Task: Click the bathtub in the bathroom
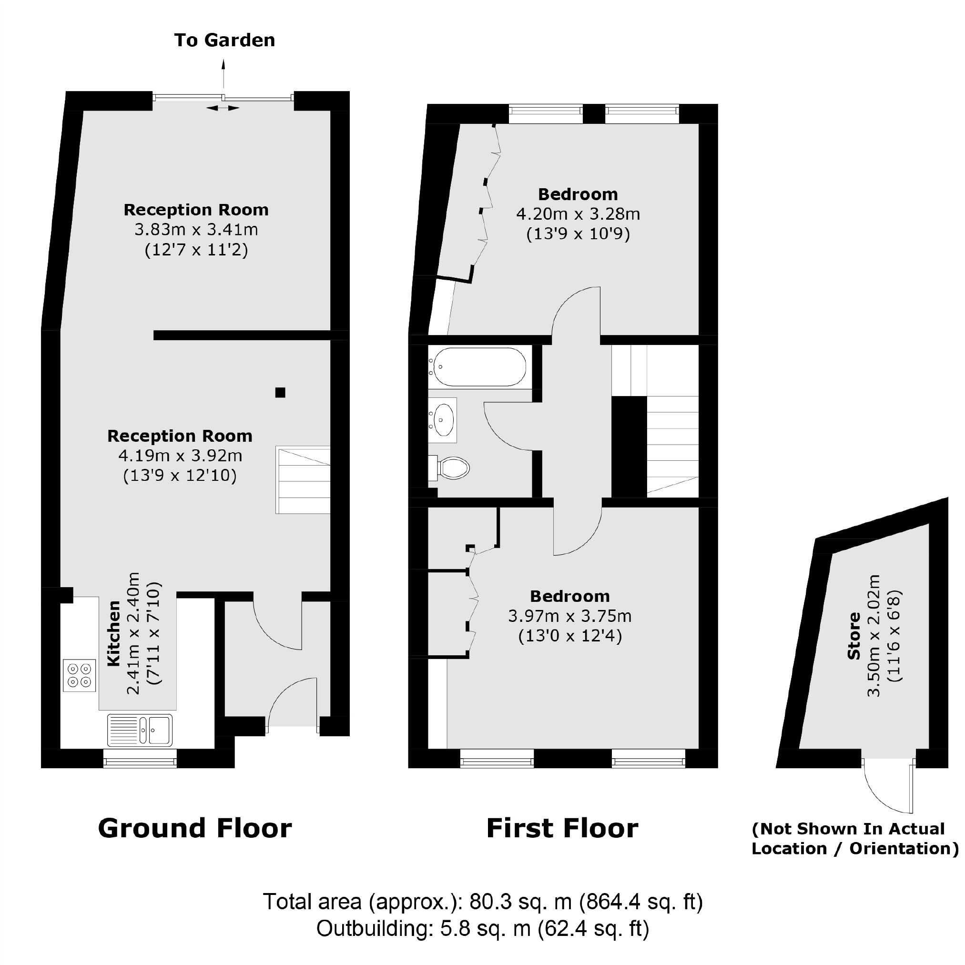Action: pyautogui.click(x=478, y=366)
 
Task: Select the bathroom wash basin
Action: pyautogui.click(x=443, y=419)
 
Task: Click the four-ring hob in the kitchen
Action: pyautogui.click(x=80, y=675)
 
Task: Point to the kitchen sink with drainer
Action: pyautogui.click(x=139, y=730)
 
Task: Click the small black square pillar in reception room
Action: pyautogui.click(x=280, y=393)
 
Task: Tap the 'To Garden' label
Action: pyautogui.click(x=224, y=41)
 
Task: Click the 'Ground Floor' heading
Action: pyautogui.click(x=195, y=828)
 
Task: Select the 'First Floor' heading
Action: pyautogui.click(x=562, y=828)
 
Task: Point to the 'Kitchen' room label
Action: pyautogui.click(x=114, y=633)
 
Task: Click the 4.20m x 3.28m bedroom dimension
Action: pyautogui.click(x=578, y=214)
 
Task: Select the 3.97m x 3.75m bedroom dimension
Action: pyautogui.click(x=570, y=616)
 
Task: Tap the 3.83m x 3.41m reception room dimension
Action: pyautogui.click(x=196, y=230)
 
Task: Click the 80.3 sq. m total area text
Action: pyautogui.click(x=482, y=902)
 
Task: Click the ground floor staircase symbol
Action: pyautogui.click(x=303, y=480)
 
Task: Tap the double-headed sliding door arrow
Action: pyautogui.click(x=223, y=107)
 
